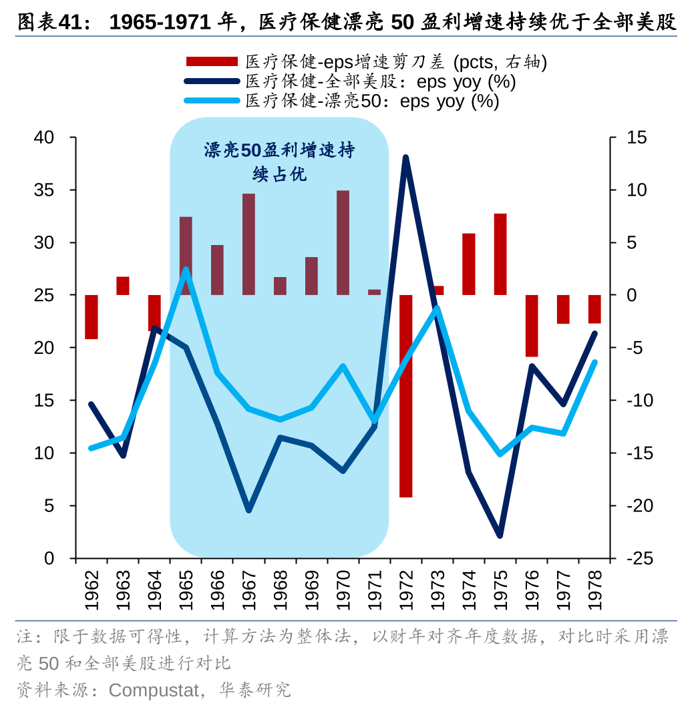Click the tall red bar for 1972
click(x=405, y=395)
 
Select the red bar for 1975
click(x=500, y=254)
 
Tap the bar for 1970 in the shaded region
click(x=343, y=243)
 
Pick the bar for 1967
click(x=248, y=244)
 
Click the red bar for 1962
click(x=92, y=316)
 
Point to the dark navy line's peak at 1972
click(x=405, y=158)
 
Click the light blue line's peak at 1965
click(x=186, y=270)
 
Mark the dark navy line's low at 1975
click(x=500, y=535)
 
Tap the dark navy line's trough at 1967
click(x=248, y=510)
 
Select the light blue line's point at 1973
click(x=437, y=308)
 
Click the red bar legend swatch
click(x=212, y=62)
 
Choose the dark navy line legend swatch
click(x=212, y=81)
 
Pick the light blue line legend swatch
click(x=212, y=101)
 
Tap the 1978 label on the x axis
click(x=594, y=590)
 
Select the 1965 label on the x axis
click(x=186, y=590)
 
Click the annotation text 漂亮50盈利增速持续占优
click(x=279, y=162)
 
